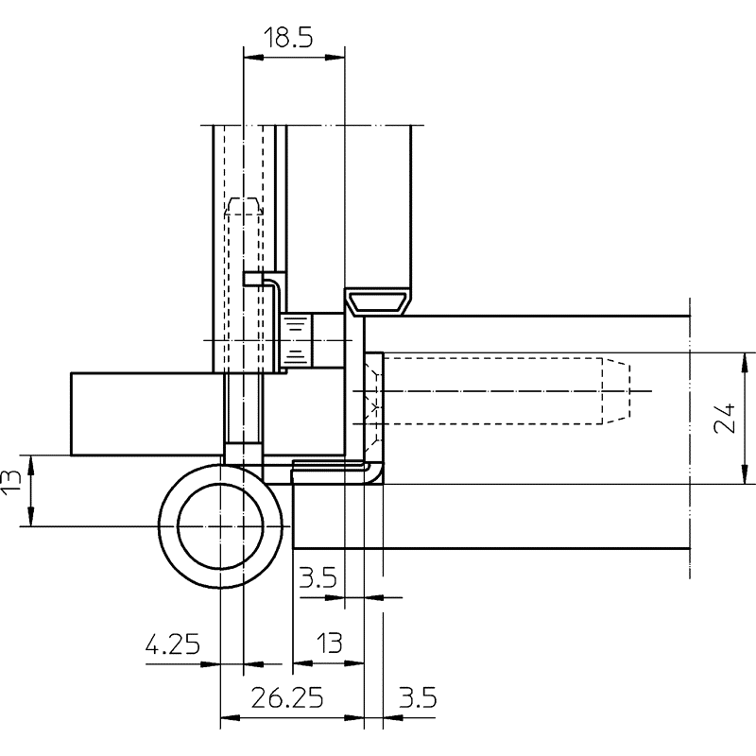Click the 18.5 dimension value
pyautogui.click(x=288, y=38)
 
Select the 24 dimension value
pyautogui.click(x=725, y=419)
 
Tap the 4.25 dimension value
pyautogui.click(x=173, y=644)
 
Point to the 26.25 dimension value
pyautogui.click(x=287, y=697)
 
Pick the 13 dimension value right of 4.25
pyautogui.click(x=329, y=644)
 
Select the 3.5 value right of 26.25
pyautogui.click(x=418, y=697)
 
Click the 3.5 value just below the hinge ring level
pyautogui.click(x=318, y=577)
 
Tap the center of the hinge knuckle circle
pyautogui.click(x=220, y=526)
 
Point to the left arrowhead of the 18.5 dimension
pyautogui.click(x=253, y=58)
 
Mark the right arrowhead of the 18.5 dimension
pyautogui.click(x=335, y=58)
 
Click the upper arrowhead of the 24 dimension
pyautogui.click(x=746, y=363)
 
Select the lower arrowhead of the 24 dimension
pyautogui.click(x=746, y=474)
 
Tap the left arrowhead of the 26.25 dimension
pyautogui.click(x=230, y=718)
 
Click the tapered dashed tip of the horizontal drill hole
pyautogui.click(x=617, y=391)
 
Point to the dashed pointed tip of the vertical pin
pyautogui.click(x=244, y=205)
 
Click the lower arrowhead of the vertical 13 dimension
pyautogui.click(x=31, y=516)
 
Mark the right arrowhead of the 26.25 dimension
pyautogui.click(x=354, y=718)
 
